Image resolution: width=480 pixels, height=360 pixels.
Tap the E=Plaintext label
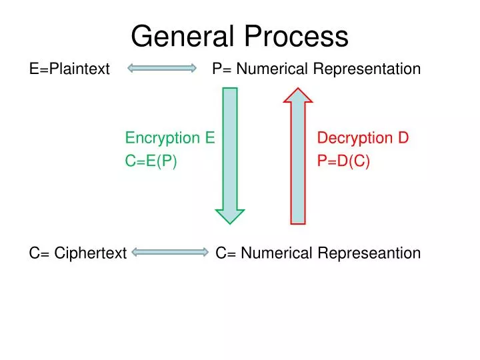[x=69, y=69]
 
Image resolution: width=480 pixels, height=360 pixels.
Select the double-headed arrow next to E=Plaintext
[x=162, y=68]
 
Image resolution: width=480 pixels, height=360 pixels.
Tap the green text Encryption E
[x=169, y=138]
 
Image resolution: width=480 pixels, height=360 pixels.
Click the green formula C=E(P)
[x=151, y=161]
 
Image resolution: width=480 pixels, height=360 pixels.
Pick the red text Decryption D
[x=363, y=138]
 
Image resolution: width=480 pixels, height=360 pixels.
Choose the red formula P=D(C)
[x=343, y=161]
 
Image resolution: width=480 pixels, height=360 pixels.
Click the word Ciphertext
[x=91, y=253]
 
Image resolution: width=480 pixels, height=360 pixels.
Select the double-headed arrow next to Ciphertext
[x=171, y=252]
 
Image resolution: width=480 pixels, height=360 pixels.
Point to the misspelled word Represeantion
[x=369, y=253]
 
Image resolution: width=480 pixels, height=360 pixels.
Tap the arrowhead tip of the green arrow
[x=229, y=221]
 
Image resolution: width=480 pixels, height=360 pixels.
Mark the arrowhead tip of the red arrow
[x=298, y=90]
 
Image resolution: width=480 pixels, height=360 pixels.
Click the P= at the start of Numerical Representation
[x=221, y=69]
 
